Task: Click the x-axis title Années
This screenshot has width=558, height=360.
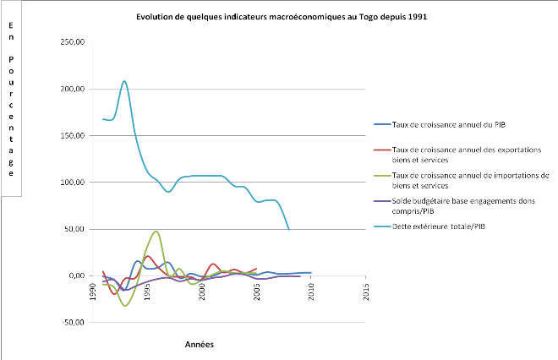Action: coord(200,345)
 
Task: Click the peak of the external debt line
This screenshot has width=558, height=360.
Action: coord(124,81)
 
